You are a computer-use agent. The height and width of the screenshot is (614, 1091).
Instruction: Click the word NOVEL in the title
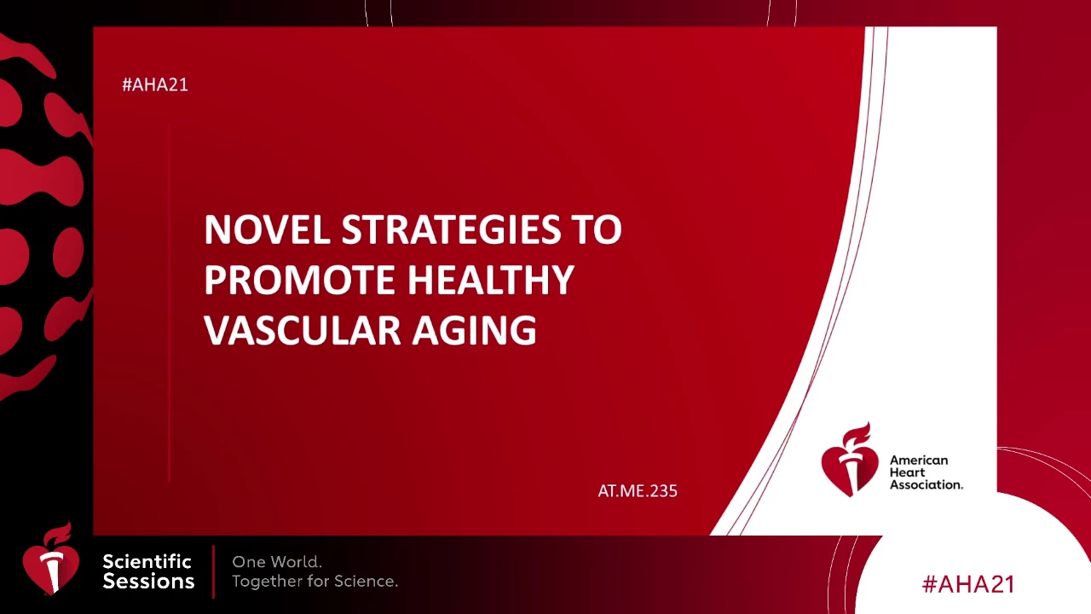click(x=267, y=229)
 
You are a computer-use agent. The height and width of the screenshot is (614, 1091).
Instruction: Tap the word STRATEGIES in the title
click(x=451, y=229)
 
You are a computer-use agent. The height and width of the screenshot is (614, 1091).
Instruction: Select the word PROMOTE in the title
click(x=299, y=281)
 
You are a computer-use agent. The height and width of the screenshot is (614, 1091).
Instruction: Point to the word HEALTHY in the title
click(x=490, y=281)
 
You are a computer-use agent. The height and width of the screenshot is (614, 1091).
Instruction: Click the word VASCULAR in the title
click(x=303, y=331)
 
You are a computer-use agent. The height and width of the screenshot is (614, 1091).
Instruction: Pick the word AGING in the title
click(x=475, y=331)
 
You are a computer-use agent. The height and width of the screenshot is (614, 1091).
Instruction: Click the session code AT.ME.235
click(x=638, y=490)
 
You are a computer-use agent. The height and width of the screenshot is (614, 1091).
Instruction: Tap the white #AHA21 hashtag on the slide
click(x=155, y=84)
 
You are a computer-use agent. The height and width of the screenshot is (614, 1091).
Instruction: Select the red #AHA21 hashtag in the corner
click(x=968, y=584)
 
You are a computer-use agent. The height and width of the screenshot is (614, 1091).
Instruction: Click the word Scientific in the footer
click(x=147, y=561)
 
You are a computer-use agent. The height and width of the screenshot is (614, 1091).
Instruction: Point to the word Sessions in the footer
click(x=148, y=581)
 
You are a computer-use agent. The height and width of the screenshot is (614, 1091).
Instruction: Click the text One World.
click(x=277, y=562)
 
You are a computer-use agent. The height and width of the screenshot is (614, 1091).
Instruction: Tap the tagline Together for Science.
click(x=315, y=581)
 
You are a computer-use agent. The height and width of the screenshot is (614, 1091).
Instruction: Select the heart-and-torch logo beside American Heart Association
click(x=850, y=460)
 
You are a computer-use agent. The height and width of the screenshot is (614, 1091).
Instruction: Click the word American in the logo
click(x=919, y=460)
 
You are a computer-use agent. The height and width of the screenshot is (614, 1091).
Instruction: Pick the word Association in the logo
click(x=926, y=484)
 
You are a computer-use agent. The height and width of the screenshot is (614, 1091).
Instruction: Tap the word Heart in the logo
click(x=907, y=472)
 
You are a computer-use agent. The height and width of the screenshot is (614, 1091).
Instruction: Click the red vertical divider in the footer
click(x=213, y=571)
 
